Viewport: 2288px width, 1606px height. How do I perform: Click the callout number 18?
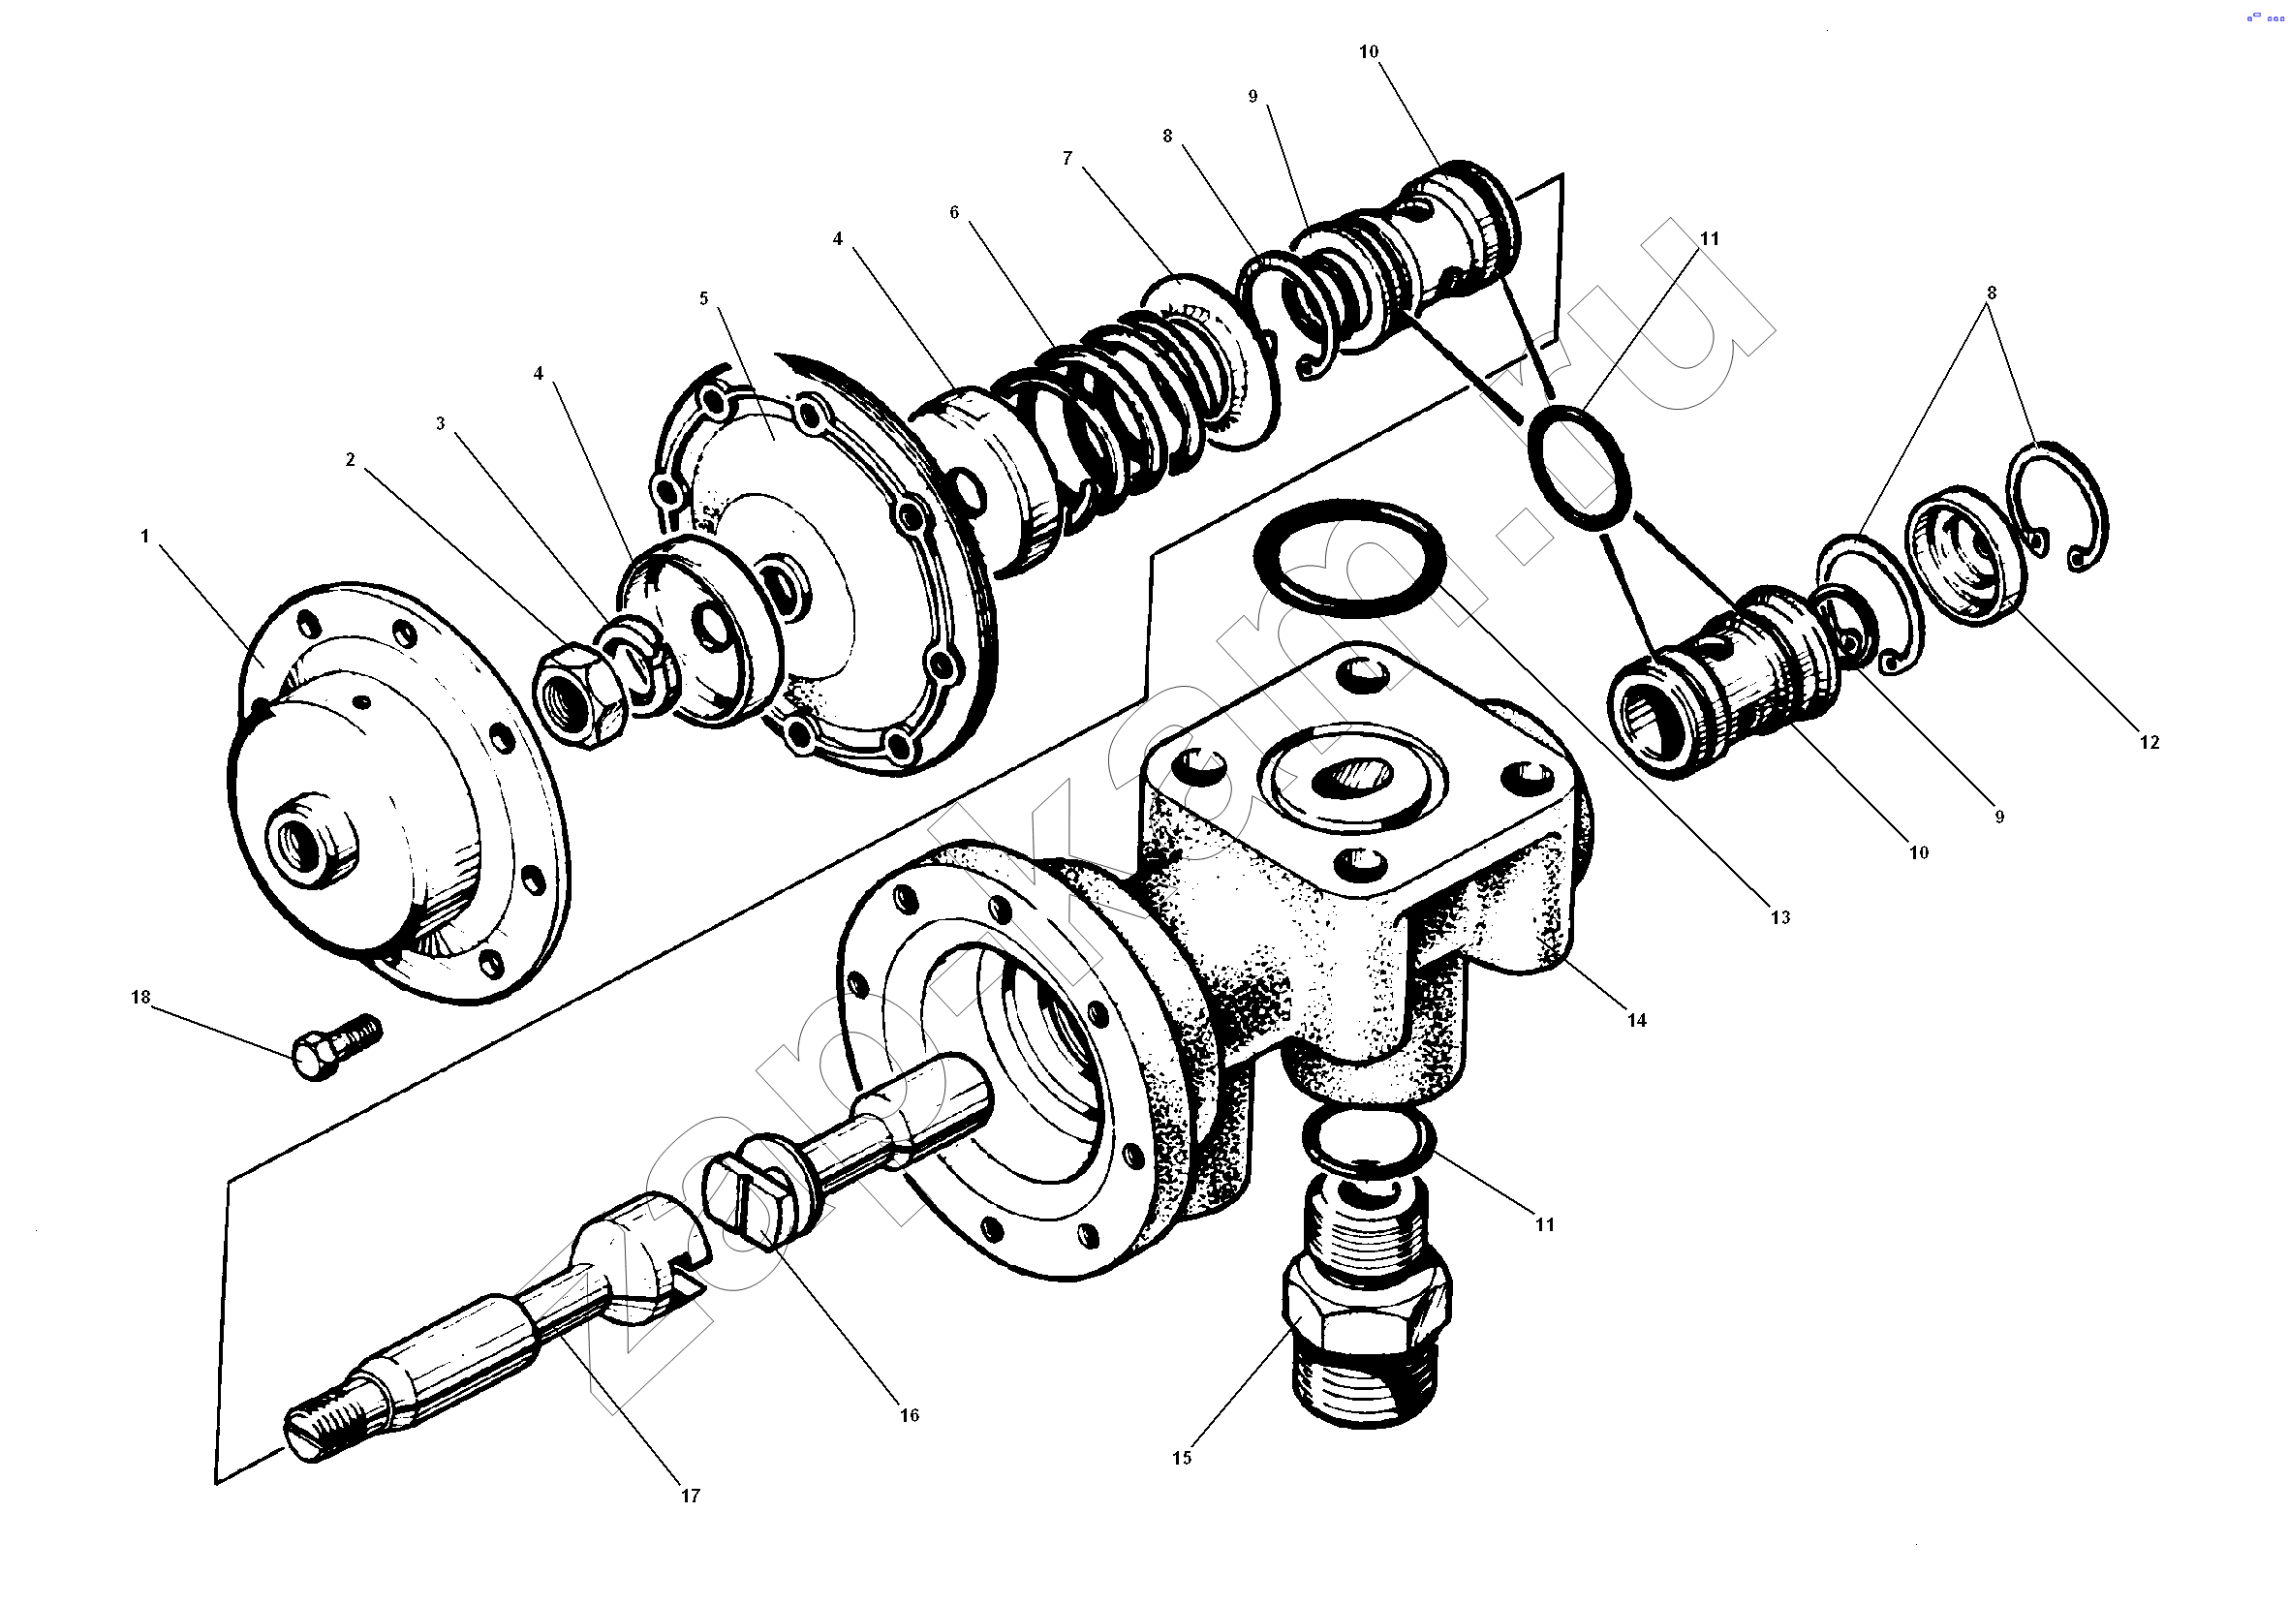tap(140, 998)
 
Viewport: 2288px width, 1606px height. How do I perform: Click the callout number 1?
tap(144, 536)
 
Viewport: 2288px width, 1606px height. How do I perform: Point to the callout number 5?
tap(703, 298)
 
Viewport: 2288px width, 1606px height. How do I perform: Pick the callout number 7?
tap(1067, 159)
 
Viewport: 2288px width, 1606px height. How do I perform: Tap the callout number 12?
tap(2149, 742)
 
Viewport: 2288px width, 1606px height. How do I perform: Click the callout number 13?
tap(1779, 917)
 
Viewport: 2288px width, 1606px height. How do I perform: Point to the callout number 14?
tap(1636, 1019)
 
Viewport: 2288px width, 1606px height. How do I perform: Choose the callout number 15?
tap(1181, 1458)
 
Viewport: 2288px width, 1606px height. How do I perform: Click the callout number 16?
tap(909, 1415)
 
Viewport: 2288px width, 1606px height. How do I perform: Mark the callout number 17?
tap(690, 1495)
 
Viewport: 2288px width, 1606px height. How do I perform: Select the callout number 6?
tap(954, 212)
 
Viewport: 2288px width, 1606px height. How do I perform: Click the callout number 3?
tap(440, 423)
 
